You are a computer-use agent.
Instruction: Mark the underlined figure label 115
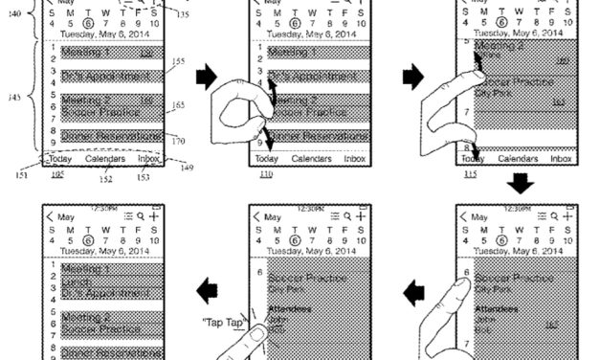469,175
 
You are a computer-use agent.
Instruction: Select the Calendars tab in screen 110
311,158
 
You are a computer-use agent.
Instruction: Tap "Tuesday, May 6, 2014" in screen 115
514,32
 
